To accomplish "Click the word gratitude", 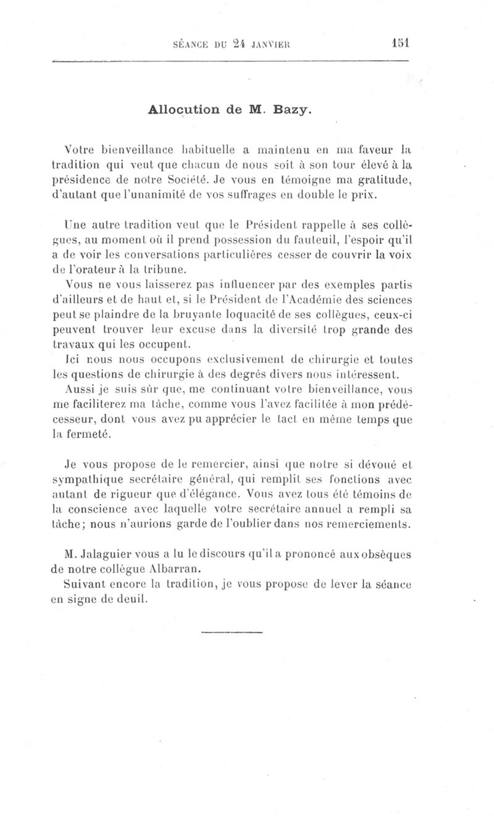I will tap(382, 181).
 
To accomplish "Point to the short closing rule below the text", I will tap(232, 633).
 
